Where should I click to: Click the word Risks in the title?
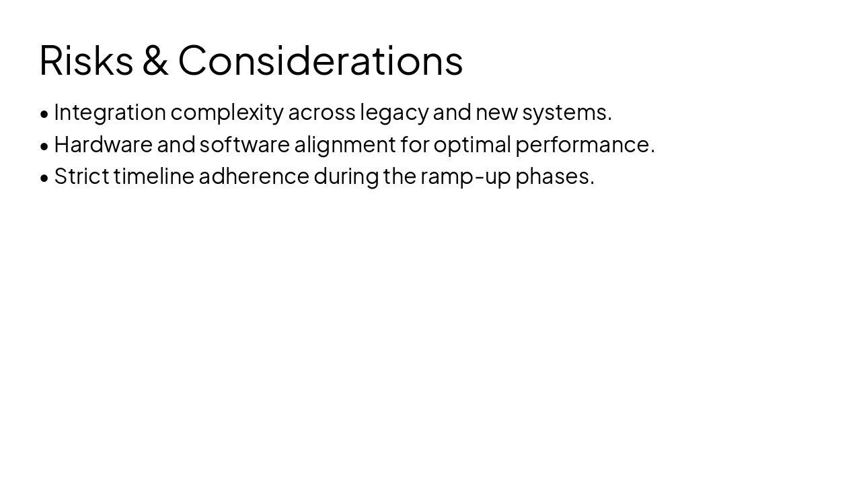coord(86,60)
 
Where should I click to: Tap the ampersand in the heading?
coord(155,60)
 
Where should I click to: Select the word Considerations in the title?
coord(320,60)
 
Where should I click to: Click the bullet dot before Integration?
coord(44,114)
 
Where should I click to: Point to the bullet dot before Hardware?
coord(44,145)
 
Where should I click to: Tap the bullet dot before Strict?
coord(44,178)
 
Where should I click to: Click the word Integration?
coord(110,112)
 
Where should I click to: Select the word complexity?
coord(227,112)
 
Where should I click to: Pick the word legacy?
coord(394,112)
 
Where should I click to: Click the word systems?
coord(566,112)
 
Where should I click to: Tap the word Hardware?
coord(103,144)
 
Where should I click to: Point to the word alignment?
coord(345,144)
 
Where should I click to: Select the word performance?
coord(584,144)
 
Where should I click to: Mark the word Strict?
coord(81,176)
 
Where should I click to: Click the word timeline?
coord(153,176)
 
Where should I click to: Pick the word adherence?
coord(254,176)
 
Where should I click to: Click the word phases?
coord(554,176)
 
